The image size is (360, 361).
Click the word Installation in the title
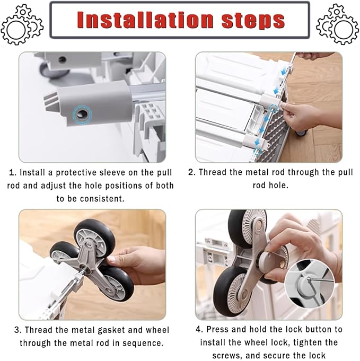[x=145, y=20]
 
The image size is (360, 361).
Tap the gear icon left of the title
[x=22, y=24]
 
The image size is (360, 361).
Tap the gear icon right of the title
[x=337, y=24]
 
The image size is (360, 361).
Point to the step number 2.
[x=192, y=172]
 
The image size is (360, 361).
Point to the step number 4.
[x=199, y=329]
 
